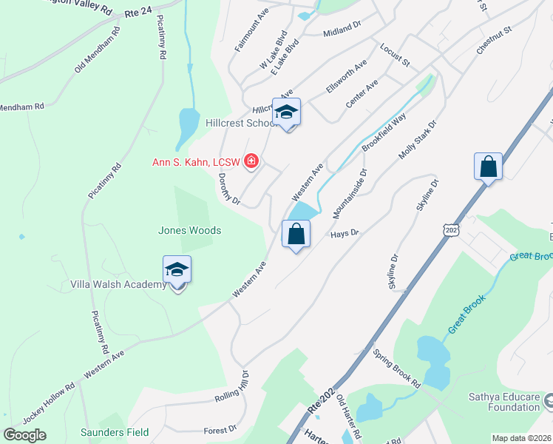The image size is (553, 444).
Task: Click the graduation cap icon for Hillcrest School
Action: click(286, 112)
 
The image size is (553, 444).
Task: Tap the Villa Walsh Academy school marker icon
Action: click(177, 270)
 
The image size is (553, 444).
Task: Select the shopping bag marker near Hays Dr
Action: click(296, 234)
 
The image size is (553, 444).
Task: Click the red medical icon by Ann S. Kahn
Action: click(251, 161)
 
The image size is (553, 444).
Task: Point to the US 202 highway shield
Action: click(451, 231)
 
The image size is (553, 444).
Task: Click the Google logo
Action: click(25, 435)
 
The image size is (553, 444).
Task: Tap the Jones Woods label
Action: click(189, 231)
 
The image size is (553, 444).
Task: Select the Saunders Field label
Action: click(115, 432)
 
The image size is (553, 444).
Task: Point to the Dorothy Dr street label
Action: click(229, 189)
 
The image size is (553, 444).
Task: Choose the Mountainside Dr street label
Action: click(350, 193)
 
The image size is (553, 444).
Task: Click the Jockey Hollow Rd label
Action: click(49, 404)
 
